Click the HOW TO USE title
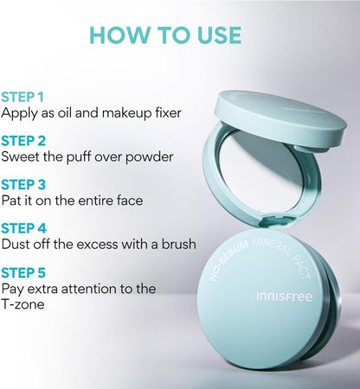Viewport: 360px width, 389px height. tap(165, 35)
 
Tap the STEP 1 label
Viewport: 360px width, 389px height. tap(22, 97)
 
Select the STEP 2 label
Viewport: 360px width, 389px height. tap(23, 141)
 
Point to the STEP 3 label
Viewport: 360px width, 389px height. tap(23, 185)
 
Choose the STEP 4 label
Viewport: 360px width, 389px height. tap(23, 228)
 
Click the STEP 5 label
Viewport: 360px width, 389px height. tap(23, 272)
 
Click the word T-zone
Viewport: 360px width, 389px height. tap(22, 304)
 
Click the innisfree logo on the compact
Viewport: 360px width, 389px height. tap(284, 297)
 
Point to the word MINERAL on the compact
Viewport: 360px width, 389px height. tap(272, 247)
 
